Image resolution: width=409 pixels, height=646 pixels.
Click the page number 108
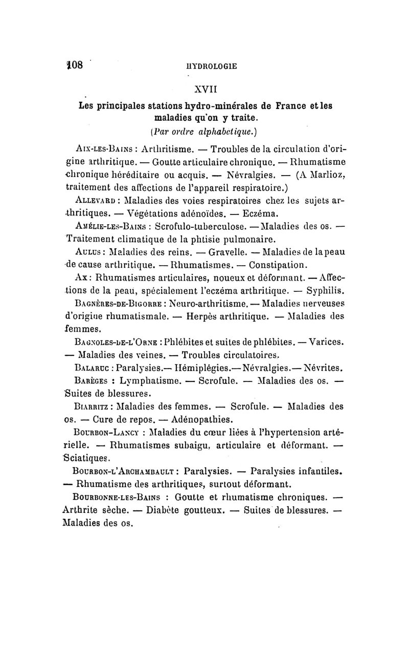[x=74, y=66]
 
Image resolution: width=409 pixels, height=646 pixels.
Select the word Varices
[x=324, y=340]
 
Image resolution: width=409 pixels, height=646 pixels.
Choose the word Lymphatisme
[x=151, y=380]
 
